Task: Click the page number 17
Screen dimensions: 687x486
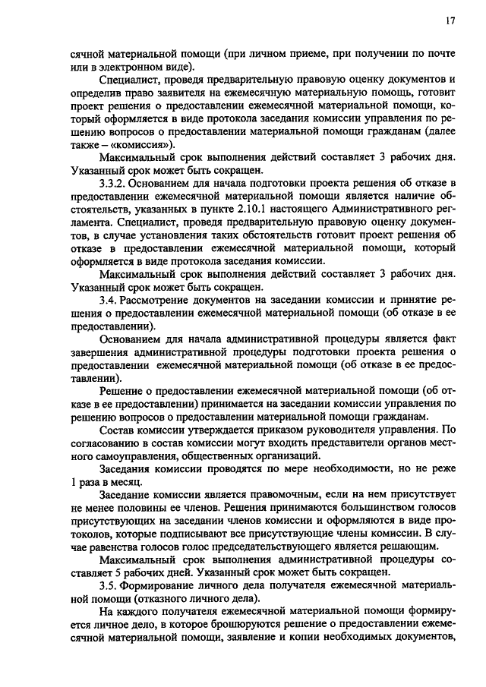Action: tap(450, 22)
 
